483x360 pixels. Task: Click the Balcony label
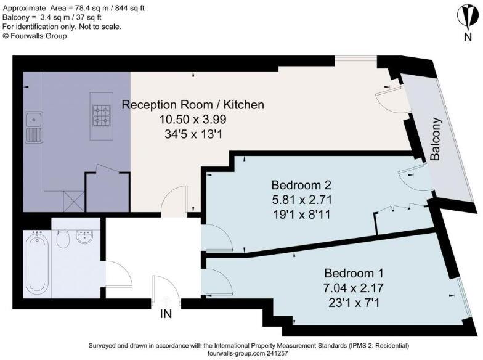(435, 139)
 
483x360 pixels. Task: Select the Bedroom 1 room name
(354, 273)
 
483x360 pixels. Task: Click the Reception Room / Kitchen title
(193, 105)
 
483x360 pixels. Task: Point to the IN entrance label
(166, 314)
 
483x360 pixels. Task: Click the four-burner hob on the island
(102, 116)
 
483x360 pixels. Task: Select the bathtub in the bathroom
(37, 263)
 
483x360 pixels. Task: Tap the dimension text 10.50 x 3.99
(193, 120)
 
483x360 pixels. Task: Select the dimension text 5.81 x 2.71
(302, 200)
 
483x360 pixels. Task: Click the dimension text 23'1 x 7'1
(354, 303)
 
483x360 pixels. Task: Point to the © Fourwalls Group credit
(34, 36)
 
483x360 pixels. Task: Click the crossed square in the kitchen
(74, 201)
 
